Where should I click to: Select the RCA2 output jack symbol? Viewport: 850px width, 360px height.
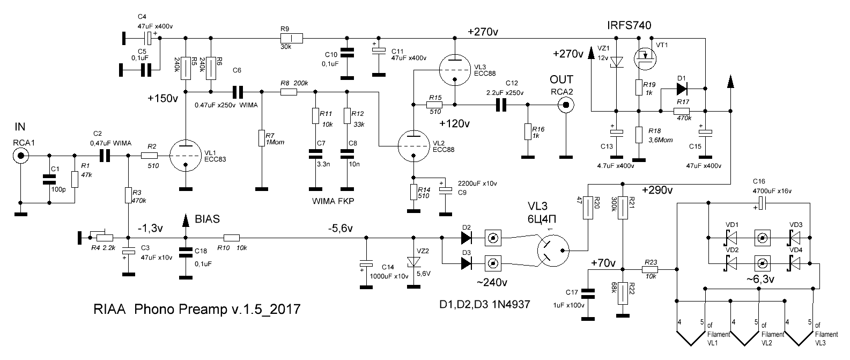click(566, 105)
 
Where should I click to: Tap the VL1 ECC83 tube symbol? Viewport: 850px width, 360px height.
click(185, 156)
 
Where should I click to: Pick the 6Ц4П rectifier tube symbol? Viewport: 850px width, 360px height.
click(553, 250)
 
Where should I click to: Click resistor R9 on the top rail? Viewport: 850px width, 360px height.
click(291, 38)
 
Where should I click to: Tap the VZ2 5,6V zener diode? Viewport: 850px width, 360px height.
click(413, 261)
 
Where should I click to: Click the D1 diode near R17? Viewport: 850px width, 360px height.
click(682, 89)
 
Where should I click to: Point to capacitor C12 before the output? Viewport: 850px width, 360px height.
click(501, 105)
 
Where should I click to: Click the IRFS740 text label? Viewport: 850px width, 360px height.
click(629, 25)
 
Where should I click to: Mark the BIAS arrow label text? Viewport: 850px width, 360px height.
click(207, 219)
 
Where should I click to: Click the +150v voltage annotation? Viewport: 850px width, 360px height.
click(163, 98)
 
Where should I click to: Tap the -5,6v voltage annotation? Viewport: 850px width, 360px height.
click(341, 228)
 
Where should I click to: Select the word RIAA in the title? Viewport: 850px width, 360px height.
click(109, 309)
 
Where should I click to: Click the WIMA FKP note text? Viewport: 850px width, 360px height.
click(333, 201)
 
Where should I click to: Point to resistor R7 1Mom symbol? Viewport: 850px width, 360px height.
click(262, 138)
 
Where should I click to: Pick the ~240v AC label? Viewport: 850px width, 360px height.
click(492, 283)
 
